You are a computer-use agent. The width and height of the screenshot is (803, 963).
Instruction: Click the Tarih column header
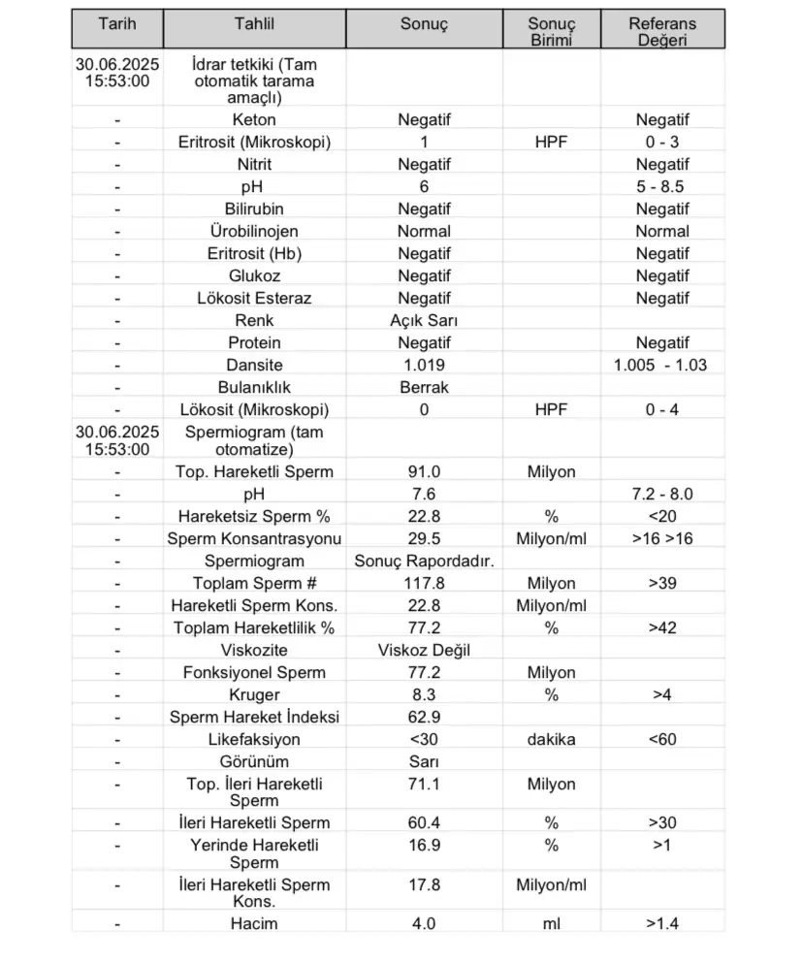(x=117, y=23)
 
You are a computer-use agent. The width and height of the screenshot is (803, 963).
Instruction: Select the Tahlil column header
(x=254, y=23)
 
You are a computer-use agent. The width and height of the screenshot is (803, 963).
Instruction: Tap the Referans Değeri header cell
(x=662, y=31)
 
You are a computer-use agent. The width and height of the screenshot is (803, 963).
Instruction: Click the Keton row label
(x=254, y=120)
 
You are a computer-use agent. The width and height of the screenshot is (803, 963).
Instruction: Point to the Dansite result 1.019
(x=424, y=365)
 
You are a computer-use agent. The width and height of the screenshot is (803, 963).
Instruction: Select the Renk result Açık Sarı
(x=424, y=320)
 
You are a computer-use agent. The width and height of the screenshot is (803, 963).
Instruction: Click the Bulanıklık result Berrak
(x=424, y=387)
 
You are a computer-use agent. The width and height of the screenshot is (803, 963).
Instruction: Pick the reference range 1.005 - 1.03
(x=660, y=365)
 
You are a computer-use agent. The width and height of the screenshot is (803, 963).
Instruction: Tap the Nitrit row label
(x=254, y=165)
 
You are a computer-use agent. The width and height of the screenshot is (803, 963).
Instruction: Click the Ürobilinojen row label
(x=254, y=231)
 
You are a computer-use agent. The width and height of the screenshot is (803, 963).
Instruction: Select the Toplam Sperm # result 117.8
(x=424, y=583)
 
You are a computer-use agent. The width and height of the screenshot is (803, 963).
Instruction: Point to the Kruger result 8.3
(x=424, y=694)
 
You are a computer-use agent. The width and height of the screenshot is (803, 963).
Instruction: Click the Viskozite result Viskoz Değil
(x=424, y=650)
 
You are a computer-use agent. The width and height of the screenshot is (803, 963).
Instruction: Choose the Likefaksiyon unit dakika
(x=551, y=739)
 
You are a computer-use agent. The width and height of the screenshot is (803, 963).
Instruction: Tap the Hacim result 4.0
(x=424, y=922)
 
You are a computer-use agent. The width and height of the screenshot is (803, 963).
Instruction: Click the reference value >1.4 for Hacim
(x=662, y=922)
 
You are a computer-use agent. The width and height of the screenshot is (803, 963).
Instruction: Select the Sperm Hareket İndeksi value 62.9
(x=424, y=717)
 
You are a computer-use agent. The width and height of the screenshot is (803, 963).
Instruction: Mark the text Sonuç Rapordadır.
(x=424, y=561)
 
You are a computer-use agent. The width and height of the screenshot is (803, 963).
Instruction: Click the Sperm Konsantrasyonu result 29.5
(x=424, y=538)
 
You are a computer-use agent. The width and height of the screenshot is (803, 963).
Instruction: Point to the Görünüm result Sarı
(x=424, y=761)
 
